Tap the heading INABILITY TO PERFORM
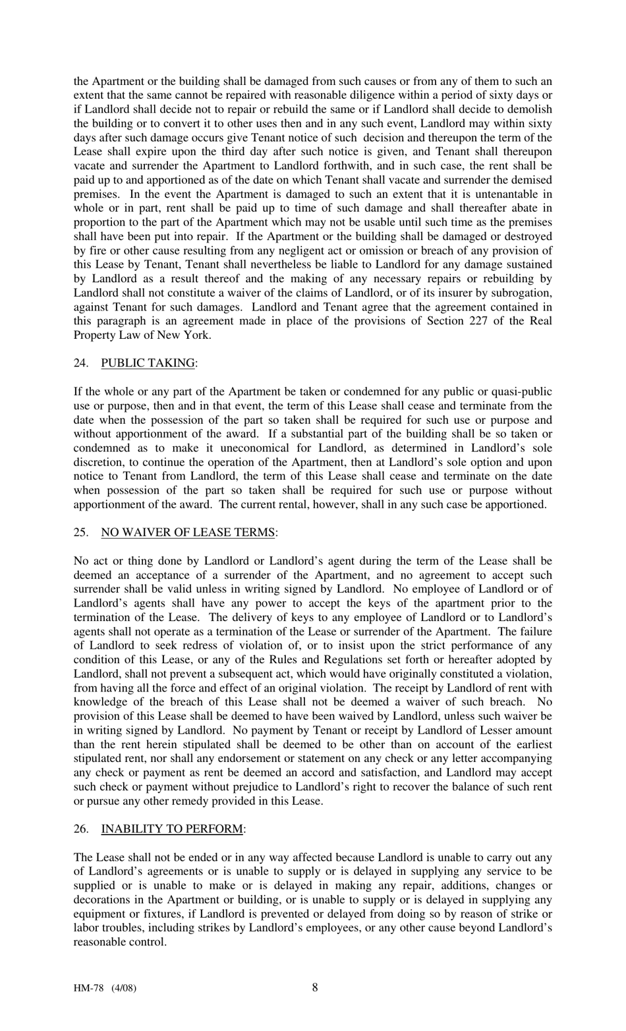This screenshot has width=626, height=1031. pyautogui.click(x=171, y=829)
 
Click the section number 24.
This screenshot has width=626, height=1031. pyautogui.click(x=80, y=363)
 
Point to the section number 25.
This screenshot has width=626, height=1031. pyautogui.click(x=80, y=533)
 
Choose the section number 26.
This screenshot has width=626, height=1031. pyautogui.click(x=80, y=829)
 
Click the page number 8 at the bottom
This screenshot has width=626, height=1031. pyautogui.click(x=315, y=987)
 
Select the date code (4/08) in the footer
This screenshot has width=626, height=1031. pyautogui.click(x=124, y=989)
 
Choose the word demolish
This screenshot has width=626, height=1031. pyautogui.click(x=529, y=110)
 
